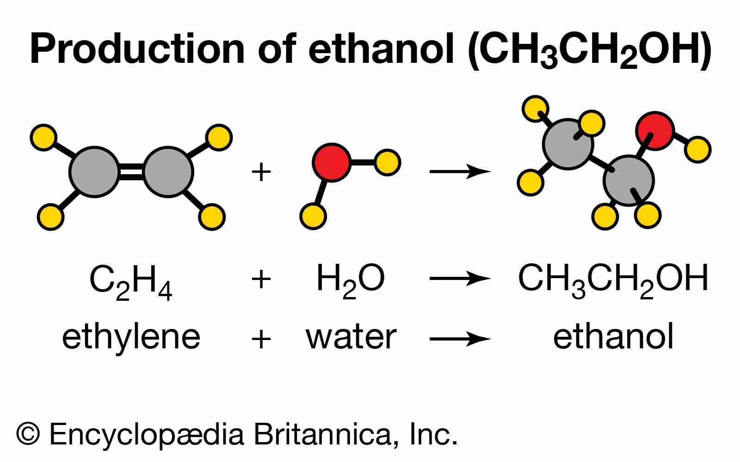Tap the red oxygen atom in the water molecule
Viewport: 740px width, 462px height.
331,162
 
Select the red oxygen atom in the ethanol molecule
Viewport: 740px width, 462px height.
655,131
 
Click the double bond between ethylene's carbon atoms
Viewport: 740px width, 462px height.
131,172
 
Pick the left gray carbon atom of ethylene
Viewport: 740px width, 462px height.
94,172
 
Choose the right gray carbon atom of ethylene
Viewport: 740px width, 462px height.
168,172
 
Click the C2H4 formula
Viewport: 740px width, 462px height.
131,282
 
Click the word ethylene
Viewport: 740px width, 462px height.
131,339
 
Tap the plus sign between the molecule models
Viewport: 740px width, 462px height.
261,172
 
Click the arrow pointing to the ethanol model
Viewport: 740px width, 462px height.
460,171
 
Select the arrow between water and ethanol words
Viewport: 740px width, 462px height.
460,339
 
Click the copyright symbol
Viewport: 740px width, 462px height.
28,434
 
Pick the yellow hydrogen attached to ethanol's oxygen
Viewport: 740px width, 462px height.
697,150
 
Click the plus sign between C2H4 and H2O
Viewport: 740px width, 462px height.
261,280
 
